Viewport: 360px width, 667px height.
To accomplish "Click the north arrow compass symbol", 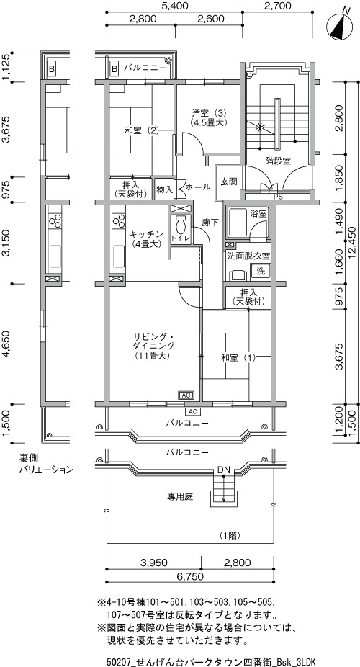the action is coord(339,24).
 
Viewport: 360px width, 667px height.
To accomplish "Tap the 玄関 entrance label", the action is coord(228,182).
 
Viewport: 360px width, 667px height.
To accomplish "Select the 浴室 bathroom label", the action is coord(258,213).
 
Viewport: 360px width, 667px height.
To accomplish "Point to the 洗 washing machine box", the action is coord(261,271).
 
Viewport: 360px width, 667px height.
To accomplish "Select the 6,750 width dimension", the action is coord(189,576).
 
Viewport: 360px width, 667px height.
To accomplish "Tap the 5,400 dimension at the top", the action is coord(175,6).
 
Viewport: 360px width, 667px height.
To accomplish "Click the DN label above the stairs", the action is coord(224,470).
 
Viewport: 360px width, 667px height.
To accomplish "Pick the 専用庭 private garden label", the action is coord(180,496).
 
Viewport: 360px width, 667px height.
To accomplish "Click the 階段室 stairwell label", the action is coord(277,161).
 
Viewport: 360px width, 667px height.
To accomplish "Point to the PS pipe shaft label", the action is coord(278,197).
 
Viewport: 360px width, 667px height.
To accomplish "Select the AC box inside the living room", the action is coord(186,395).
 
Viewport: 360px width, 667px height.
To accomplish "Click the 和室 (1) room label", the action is coord(238,358).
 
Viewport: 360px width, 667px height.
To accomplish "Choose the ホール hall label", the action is coord(197,187).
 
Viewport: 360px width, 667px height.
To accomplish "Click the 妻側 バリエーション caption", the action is coord(46,464).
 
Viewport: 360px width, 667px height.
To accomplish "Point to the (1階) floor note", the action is coord(231,535).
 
